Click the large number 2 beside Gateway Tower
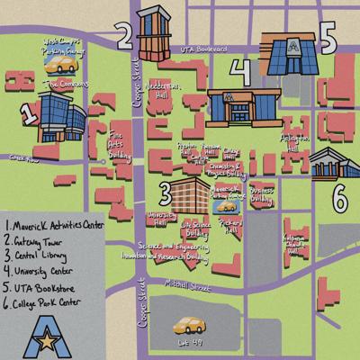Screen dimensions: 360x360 (x=123, y=35)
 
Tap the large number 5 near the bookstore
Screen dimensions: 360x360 (x=327, y=41)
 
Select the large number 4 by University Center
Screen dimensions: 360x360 (x=239, y=71)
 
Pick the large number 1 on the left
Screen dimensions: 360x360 (x=28, y=112)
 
